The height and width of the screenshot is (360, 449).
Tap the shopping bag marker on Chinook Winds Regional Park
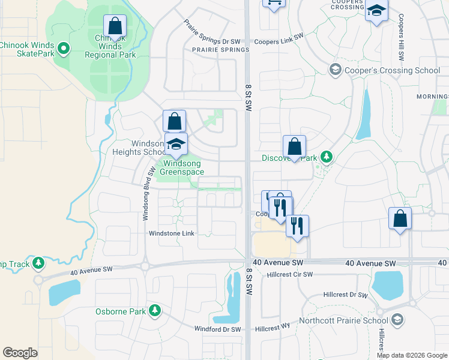coord(115,27)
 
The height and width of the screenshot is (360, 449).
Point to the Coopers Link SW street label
coord(279,42)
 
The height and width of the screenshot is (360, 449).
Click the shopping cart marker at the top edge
coord(274,3)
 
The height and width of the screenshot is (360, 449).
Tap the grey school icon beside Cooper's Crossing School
coord(334,70)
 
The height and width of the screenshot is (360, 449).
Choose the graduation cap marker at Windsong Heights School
coord(176,144)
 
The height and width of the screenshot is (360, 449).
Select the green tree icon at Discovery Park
coord(326,158)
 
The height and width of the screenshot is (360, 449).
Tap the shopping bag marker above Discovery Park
coord(294,146)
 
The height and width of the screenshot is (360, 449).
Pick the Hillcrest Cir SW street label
coord(291,274)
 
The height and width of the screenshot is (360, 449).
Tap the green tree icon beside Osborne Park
coord(155,310)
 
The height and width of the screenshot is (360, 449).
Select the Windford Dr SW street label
coord(218,329)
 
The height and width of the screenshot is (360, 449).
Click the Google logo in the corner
coord(20,353)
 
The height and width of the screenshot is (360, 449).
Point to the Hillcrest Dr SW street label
coord(345,295)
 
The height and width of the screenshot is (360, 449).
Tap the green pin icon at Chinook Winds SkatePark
coord(62,45)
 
